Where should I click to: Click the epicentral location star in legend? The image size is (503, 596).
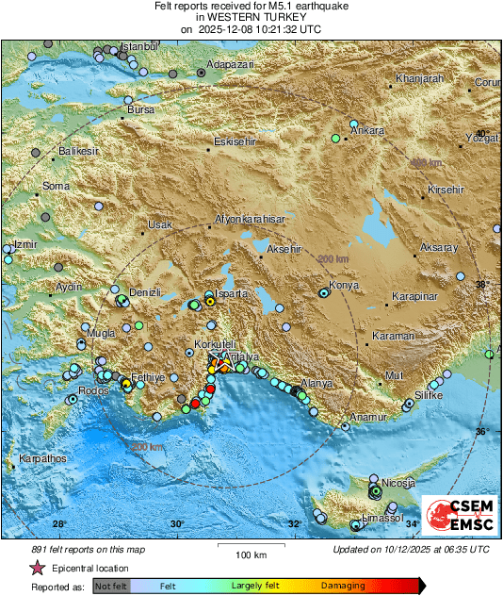tap(38, 569)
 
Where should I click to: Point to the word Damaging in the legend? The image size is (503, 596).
tap(344, 586)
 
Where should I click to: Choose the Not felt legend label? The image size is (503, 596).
tap(112, 586)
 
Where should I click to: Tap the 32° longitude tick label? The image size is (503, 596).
tap(294, 523)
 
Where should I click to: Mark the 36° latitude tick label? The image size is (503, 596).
tap(481, 431)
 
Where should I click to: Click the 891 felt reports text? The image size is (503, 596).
tap(75, 549)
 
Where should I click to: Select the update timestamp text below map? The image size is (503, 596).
tap(411, 549)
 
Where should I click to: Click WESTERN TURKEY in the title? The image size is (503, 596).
tap(251, 18)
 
